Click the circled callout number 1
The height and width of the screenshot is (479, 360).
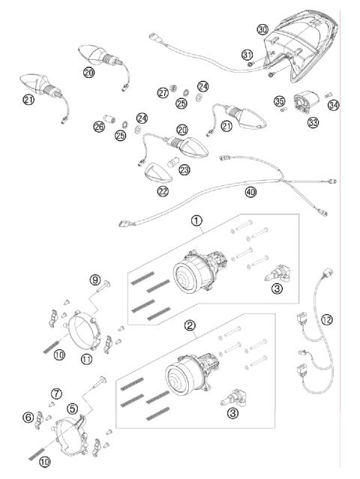coord(196,221)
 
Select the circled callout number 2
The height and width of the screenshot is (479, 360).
coord(190,325)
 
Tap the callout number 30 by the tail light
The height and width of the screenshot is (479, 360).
coord(262,29)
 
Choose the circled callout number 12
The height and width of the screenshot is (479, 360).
coord(325,320)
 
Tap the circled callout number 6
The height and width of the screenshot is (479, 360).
coord(28,418)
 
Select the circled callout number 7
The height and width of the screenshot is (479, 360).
coord(56,393)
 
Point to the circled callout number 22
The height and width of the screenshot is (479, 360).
coord(163,191)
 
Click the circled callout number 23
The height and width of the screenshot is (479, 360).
coord(184,170)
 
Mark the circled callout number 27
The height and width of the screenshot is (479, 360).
coord(163,93)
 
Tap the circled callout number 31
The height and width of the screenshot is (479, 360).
coord(247,55)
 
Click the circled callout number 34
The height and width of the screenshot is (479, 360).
coord(333,104)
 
